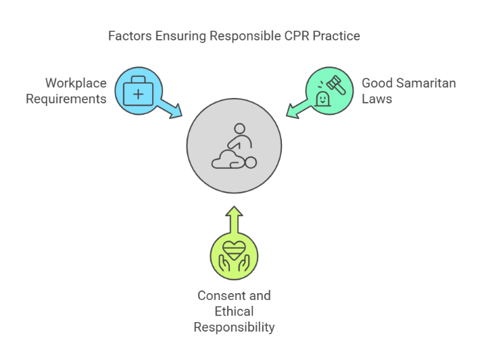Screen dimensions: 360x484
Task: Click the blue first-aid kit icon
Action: click(x=138, y=91)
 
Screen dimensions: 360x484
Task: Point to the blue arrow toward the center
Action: click(x=171, y=107)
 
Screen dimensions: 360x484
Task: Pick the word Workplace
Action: click(x=76, y=83)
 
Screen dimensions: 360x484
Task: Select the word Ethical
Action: click(x=234, y=311)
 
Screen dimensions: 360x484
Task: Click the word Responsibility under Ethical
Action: click(x=234, y=327)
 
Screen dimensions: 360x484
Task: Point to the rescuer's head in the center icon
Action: click(x=239, y=128)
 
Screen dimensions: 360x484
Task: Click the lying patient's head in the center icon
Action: click(x=251, y=162)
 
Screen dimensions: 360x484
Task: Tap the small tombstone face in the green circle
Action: click(x=322, y=99)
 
